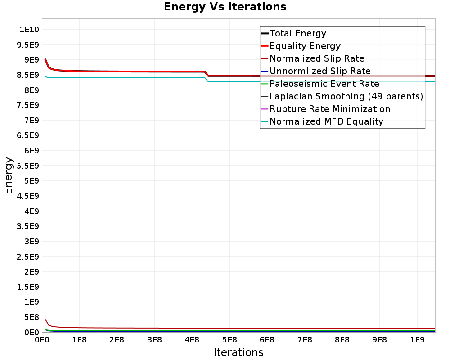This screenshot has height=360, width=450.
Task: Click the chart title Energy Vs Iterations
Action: tap(225, 7)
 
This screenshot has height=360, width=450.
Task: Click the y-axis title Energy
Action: tap(8, 175)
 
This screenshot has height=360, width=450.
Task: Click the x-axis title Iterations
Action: tap(238, 352)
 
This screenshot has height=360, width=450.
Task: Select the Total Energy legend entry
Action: tap(297, 33)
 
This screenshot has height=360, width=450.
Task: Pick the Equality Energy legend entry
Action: tap(305, 46)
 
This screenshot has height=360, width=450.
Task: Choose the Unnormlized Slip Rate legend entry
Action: tap(320, 71)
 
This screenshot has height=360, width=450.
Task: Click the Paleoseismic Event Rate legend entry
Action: tap(324, 84)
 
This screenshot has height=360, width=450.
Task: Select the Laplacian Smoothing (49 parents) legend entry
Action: tap(346, 96)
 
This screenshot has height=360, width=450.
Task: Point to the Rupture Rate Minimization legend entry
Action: tap(330, 109)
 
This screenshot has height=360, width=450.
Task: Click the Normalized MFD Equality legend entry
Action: tap(326, 121)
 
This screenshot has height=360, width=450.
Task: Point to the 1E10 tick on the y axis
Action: tap(29, 30)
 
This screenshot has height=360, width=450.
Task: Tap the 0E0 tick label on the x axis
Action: tap(42, 338)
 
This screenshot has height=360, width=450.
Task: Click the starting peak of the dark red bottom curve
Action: tap(45, 319)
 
